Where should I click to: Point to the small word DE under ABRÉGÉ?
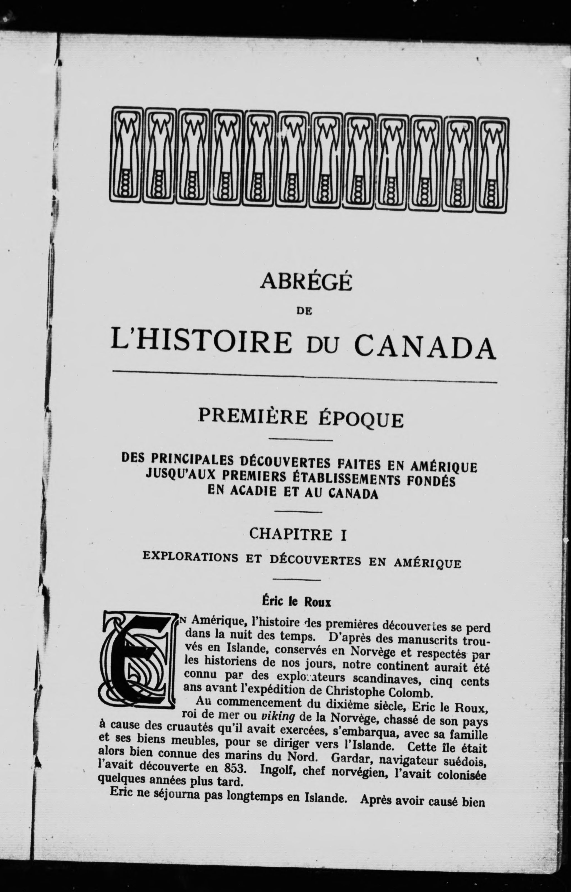(x=304, y=312)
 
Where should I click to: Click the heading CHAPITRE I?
(x=298, y=534)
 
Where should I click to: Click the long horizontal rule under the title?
(x=304, y=376)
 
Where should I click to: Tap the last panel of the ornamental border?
(x=493, y=165)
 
